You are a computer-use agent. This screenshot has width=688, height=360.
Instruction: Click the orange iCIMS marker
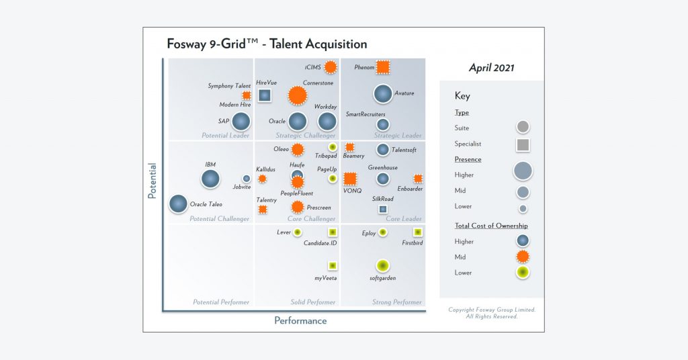(330, 67)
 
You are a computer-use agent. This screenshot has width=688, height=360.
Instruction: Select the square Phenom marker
(383, 67)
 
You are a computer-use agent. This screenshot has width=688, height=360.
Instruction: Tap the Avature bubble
(383, 94)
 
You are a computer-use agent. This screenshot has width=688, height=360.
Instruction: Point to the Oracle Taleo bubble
(178, 204)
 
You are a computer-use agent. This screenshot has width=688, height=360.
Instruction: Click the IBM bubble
(210, 179)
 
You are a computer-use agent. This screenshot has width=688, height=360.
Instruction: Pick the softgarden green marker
(383, 266)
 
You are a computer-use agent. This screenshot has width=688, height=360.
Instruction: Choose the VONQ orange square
(350, 179)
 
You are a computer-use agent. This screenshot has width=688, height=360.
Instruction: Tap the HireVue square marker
(265, 95)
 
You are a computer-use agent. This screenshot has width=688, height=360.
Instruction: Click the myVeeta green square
(332, 265)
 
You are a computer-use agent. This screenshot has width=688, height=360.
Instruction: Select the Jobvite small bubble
(246, 179)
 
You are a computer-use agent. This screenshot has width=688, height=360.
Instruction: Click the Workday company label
(326, 107)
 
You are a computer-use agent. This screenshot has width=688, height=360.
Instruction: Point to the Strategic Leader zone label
(398, 136)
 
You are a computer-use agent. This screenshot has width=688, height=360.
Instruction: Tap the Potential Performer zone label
(221, 302)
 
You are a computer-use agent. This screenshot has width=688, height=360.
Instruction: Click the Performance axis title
(300, 321)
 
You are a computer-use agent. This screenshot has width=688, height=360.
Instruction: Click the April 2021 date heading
(492, 68)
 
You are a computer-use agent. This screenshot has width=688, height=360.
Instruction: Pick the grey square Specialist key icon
(523, 144)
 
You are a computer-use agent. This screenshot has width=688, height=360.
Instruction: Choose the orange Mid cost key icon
(523, 257)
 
